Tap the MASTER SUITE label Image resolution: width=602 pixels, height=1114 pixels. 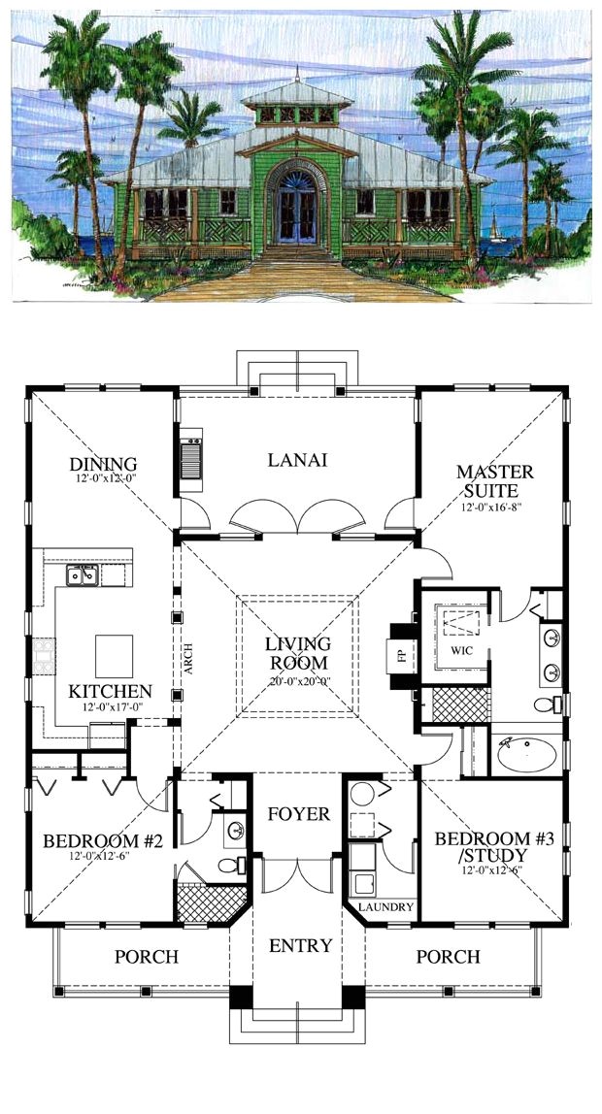click(494, 481)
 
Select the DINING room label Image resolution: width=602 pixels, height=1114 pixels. click(102, 464)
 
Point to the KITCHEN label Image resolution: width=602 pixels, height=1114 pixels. click(110, 691)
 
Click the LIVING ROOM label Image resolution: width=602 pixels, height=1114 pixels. click(299, 652)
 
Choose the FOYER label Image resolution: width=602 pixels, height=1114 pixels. click(299, 813)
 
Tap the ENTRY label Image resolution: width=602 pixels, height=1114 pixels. click(300, 944)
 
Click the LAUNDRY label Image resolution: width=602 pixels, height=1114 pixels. click(385, 907)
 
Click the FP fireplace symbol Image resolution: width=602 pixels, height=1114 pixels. click(399, 655)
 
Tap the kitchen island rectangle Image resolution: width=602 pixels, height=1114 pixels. click(114, 656)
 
